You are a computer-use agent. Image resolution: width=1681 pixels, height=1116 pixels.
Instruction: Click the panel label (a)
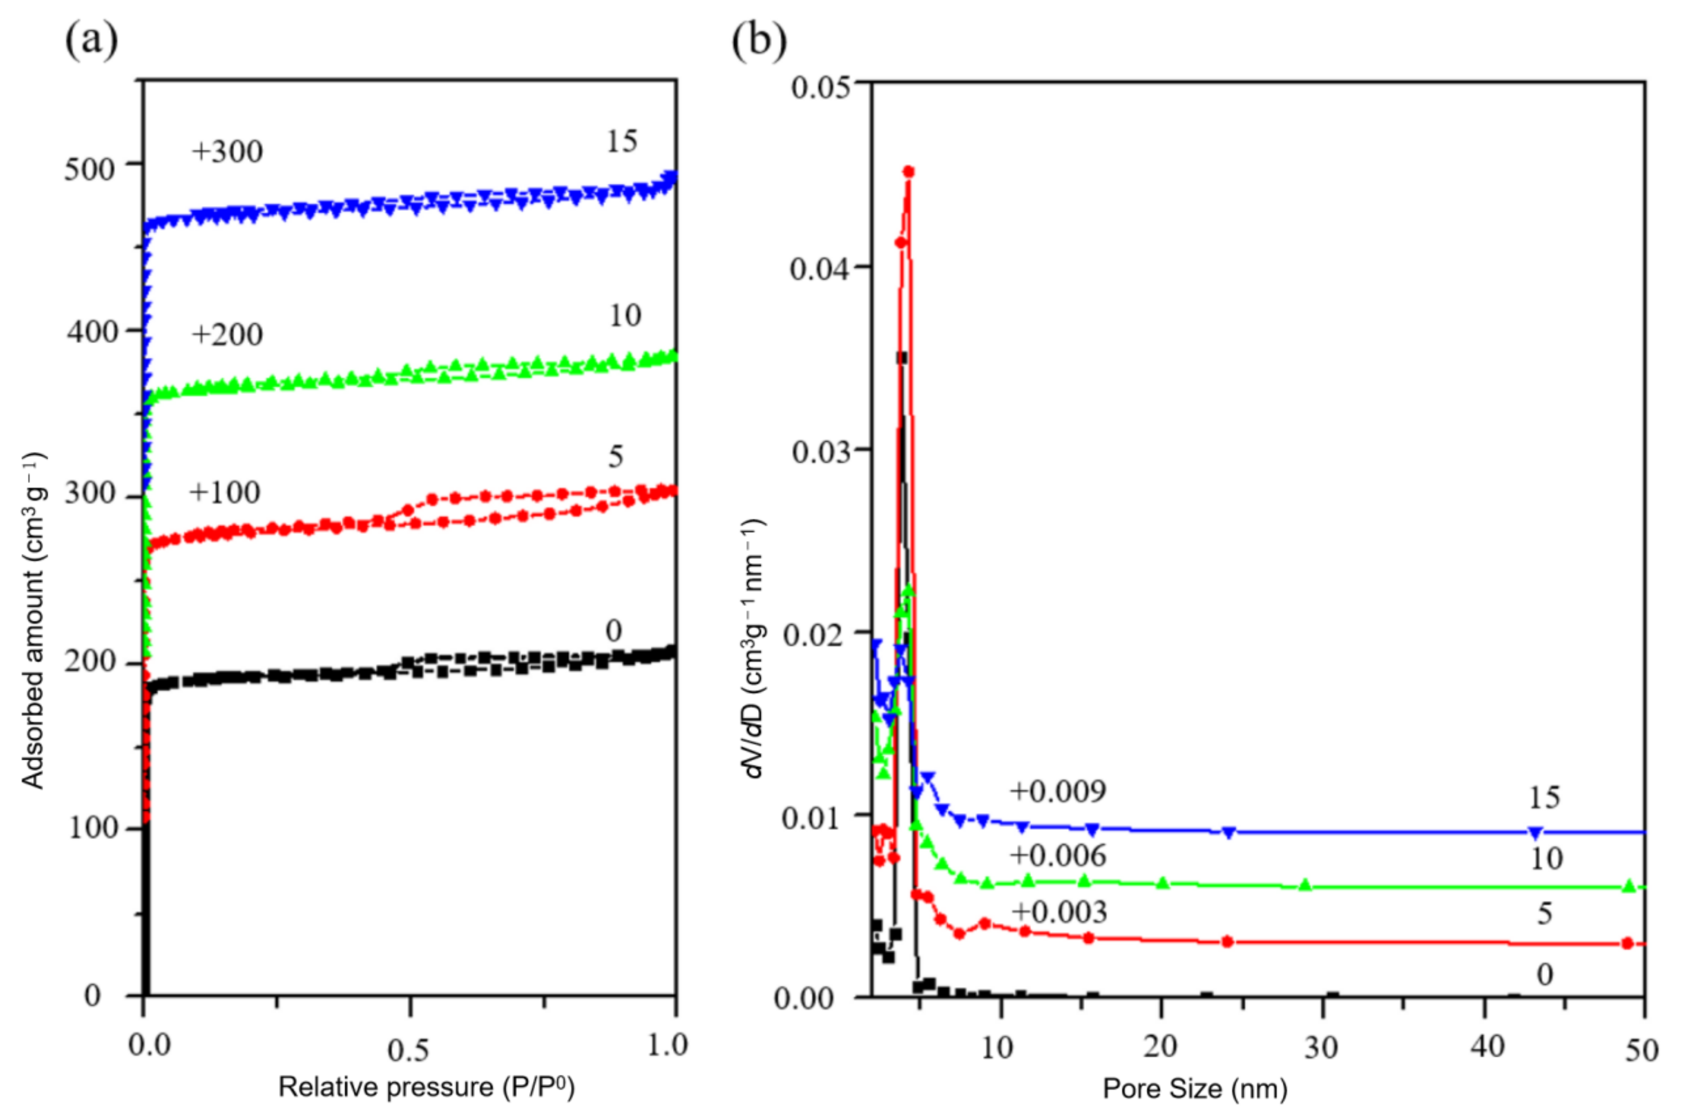pos(91,40)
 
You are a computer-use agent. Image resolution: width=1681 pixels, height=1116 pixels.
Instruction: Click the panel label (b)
pos(759,40)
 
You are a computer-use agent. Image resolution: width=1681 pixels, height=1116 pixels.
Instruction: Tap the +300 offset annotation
pos(227,152)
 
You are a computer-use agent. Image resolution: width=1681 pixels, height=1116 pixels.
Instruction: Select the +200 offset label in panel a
pos(227,334)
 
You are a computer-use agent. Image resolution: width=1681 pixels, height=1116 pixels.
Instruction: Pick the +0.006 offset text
pos(1058,855)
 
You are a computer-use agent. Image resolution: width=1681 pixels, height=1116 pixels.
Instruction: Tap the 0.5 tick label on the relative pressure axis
pos(408,1050)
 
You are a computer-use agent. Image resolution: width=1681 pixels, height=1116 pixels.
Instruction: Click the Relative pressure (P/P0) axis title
pos(426,1087)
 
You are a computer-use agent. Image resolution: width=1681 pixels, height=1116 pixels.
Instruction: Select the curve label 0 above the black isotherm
pos(613,630)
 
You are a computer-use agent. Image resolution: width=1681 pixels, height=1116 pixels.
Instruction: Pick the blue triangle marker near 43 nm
pos(1536,832)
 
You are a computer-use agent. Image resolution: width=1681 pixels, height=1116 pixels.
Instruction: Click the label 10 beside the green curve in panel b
pos(1546,858)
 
